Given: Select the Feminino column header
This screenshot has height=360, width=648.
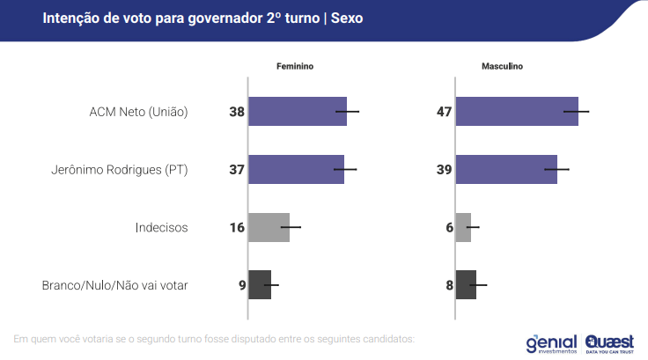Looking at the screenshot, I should pyautogui.click(x=295, y=67).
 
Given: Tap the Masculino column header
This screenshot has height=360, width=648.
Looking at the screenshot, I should pyautogui.click(x=502, y=67).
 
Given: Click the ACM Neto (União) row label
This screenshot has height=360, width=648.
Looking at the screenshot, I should pyautogui.click(x=139, y=112).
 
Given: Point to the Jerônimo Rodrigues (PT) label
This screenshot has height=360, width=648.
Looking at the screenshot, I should pyautogui.click(x=121, y=169).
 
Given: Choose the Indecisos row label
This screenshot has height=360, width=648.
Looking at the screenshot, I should pyautogui.click(x=162, y=227).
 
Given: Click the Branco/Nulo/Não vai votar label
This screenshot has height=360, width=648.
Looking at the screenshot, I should pyautogui.click(x=115, y=284).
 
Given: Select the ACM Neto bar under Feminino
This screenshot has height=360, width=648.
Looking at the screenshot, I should pyautogui.click(x=298, y=112).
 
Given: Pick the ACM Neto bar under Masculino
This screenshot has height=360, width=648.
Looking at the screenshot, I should pyautogui.click(x=517, y=112).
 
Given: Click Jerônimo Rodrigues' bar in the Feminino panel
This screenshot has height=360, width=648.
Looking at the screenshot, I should pyautogui.click(x=296, y=169).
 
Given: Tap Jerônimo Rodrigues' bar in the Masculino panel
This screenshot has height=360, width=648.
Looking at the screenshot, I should pyautogui.click(x=506, y=169).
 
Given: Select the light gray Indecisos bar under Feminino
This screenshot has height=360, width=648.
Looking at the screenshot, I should pyautogui.click(x=269, y=227).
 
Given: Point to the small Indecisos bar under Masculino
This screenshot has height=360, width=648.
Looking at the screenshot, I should pyautogui.click(x=463, y=227).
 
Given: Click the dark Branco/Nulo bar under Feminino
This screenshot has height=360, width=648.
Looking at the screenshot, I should pyautogui.click(x=260, y=284).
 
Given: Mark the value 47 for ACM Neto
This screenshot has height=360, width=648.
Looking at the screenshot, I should pyautogui.click(x=445, y=112).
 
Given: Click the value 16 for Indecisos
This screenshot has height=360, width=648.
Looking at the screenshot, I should pyautogui.click(x=237, y=227).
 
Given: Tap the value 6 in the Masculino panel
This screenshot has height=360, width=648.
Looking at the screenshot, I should pyautogui.click(x=449, y=227).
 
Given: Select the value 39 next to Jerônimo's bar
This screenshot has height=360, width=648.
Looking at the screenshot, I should pyautogui.click(x=445, y=169).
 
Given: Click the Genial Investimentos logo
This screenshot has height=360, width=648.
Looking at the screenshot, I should pyautogui.click(x=550, y=342).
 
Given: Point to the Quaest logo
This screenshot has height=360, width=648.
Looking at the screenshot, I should pyautogui.click(x=608, y=342).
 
